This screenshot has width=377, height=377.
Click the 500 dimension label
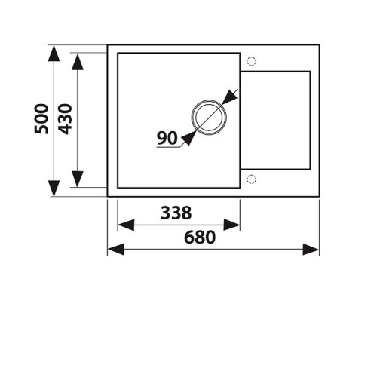click(x=41, y=118)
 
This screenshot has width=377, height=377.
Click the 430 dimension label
click(x=65, y=119)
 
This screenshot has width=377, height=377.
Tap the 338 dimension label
click(x=176, y=213)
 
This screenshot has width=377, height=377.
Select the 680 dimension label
click(x=200, y=238)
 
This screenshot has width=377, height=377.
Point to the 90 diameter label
click(x=167, y=138)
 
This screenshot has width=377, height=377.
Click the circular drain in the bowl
click(x=209, y=100)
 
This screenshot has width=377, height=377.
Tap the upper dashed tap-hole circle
click(x=251, y=61)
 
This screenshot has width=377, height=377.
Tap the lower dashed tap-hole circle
click(x=251, y=179)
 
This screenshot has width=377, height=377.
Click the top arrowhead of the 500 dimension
click(x=54, y=54)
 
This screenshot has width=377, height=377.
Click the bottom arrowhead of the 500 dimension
click(x=54, y=188)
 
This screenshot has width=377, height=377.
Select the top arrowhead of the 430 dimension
click(x=78, y=62)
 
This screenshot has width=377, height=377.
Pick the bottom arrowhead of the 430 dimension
click(x=78, y=179)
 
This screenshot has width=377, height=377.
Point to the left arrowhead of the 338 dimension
click(x=126, y=225)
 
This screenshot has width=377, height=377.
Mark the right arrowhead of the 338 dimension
click(x=231, y=225)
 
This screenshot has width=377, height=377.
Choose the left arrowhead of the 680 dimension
click(x=116, y=249)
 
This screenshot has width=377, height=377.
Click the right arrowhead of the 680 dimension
click(x=311, y=249)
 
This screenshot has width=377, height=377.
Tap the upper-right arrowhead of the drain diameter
click(x=229, y=97)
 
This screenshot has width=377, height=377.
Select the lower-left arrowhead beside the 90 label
click(x=189, y=138)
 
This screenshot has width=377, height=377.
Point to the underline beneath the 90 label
click(x=168, y=147)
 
